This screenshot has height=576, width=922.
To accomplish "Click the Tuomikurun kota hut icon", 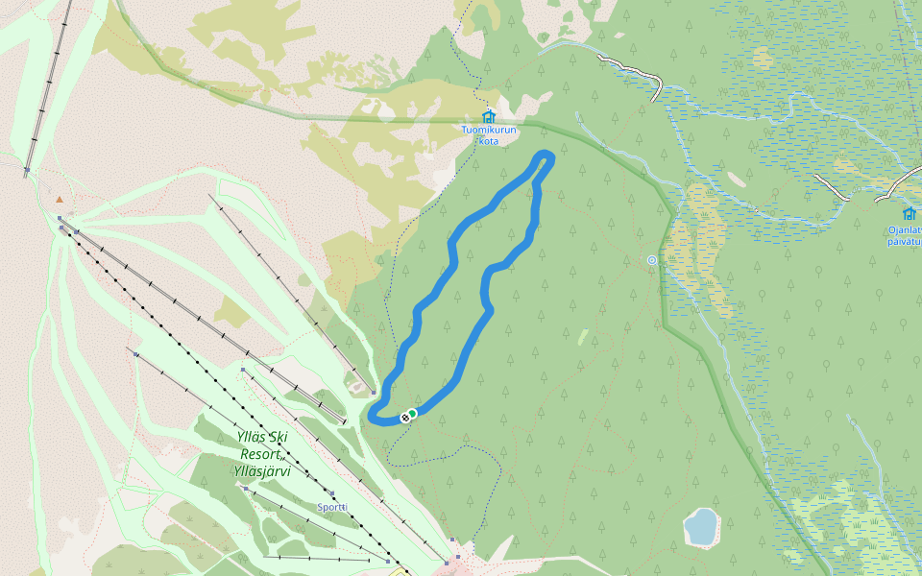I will coord(488,116).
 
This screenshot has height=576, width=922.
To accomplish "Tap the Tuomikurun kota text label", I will coord(489,135).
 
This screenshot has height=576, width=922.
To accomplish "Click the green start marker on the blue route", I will coord(412,413).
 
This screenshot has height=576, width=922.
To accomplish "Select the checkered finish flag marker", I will coord(406,418).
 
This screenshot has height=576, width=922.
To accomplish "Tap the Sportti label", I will coord(331,506).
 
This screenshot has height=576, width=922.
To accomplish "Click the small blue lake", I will coord(701,527).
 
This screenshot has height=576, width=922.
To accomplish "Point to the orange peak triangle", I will coord(60,200).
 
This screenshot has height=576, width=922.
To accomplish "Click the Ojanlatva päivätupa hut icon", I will coord(909,213).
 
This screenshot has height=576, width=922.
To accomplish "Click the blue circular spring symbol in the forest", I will coord(652,260).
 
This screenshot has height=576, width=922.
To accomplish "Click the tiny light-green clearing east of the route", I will coord(583,337).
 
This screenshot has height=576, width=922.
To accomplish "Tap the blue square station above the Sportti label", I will coord(331,493).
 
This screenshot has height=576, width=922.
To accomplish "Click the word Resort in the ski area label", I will coord(260,453).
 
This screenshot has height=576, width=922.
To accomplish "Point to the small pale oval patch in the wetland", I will coord(738,179).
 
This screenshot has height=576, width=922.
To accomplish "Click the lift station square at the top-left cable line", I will coord(28,170).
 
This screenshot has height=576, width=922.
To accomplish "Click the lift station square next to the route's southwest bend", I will coord(373,393).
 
